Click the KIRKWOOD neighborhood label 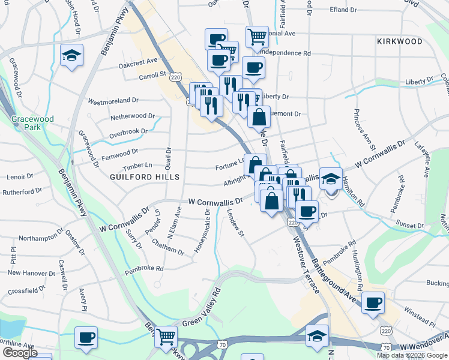pos(400,41)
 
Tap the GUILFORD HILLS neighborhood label pos(145,178)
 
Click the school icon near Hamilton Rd pos(330,179)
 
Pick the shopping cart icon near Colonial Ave pos(257,37)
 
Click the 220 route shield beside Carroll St pos(175,77)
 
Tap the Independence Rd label pos(286,53)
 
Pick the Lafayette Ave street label pos(422,158)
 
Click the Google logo pos(20,353)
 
